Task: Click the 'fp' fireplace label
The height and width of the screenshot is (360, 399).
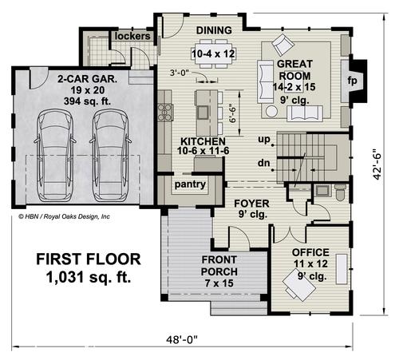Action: tap(352, 80)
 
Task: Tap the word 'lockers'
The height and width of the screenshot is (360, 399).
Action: tap(132, 36)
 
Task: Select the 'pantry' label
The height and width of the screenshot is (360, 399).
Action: tap(190, 184)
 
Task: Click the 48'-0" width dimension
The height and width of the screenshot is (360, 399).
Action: tap(182, 339)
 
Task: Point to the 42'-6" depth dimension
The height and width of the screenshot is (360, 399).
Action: tap(377, 167)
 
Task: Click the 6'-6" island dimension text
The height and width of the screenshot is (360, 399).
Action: tap(232, 114)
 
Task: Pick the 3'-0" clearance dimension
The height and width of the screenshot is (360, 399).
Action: tap(180, 73)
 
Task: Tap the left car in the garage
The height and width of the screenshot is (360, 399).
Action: tap(55, 155)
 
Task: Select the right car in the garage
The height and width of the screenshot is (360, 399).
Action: tap(110, 155)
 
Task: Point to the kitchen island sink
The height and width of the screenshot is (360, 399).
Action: tap(203, 113)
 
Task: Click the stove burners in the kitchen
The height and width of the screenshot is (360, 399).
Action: tap(165, 113)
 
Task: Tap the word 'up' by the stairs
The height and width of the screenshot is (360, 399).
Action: tap(264, 139)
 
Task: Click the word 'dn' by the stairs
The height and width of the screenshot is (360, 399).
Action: tap(263, 163)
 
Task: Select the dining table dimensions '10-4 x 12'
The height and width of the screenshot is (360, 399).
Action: tap(213, 54)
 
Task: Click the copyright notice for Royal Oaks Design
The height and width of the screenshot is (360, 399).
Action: tap(64, 216)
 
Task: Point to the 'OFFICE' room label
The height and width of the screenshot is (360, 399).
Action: tap(310, 252)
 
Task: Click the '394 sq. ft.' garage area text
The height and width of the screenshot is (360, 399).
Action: tap(87, 101)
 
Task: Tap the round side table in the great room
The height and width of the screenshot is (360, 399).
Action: tap(271, 111)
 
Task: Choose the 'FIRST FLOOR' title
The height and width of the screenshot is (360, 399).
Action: tap(89, 259)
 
